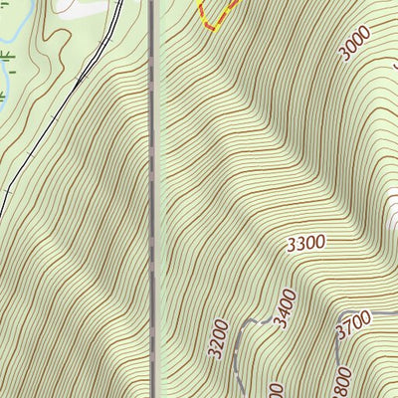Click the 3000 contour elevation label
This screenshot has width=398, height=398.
355,44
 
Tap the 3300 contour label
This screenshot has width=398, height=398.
305,242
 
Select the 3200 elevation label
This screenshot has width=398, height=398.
221,338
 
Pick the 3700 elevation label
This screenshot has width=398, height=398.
353,320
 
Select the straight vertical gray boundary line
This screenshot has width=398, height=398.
154,199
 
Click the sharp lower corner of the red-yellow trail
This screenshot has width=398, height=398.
211,28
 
